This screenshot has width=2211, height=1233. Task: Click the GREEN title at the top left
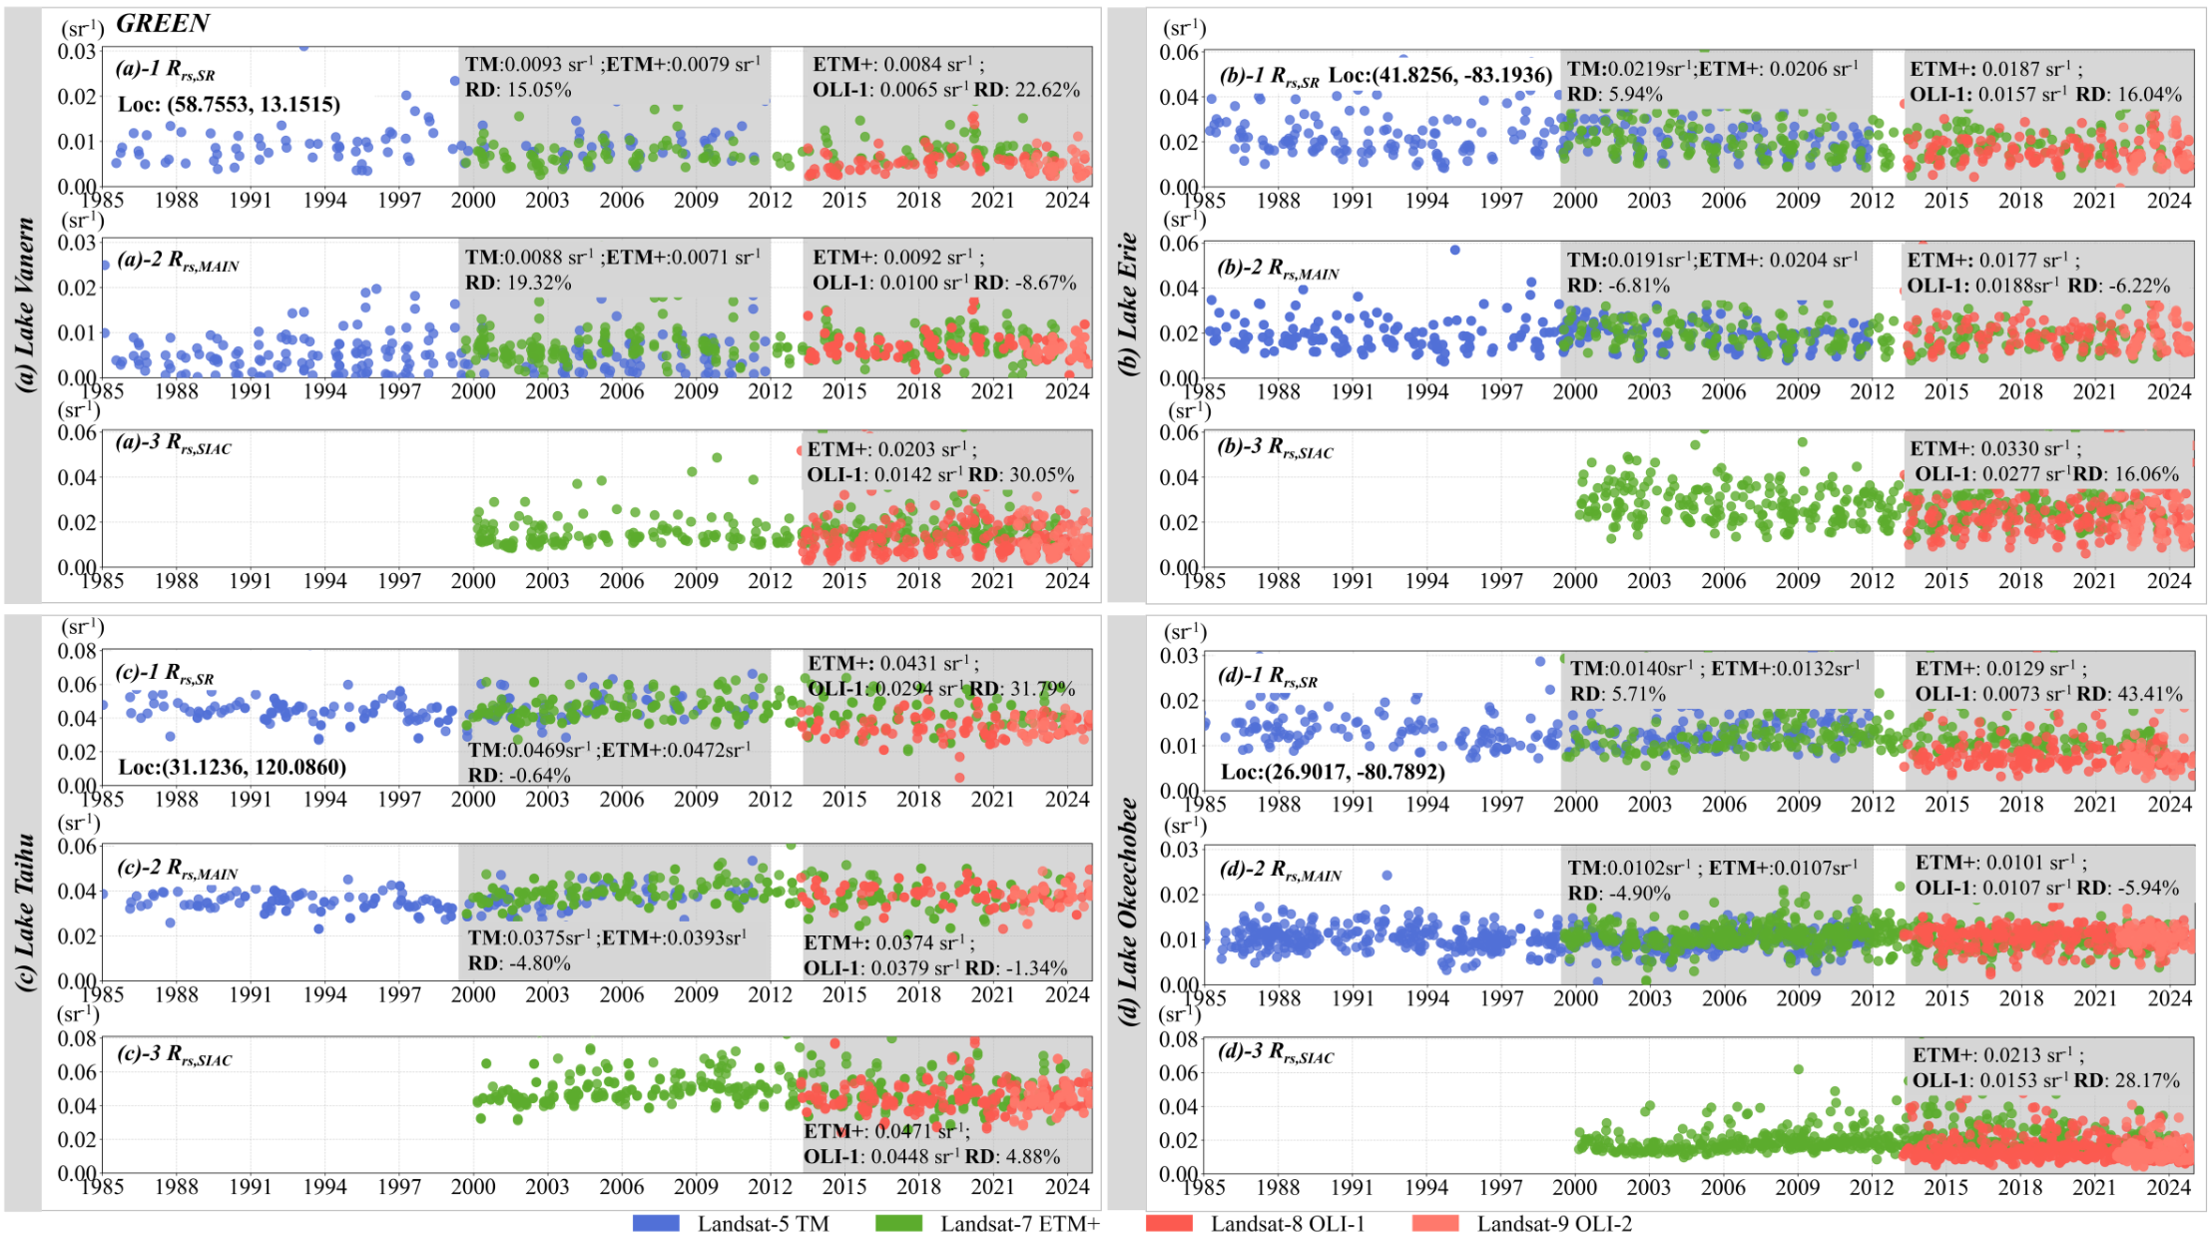(163, 24)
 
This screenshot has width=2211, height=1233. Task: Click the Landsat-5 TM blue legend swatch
(656, 1223)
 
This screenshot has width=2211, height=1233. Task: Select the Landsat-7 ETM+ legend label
(1019, 1223)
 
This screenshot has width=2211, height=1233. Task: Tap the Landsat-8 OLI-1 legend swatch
(1169, 1223)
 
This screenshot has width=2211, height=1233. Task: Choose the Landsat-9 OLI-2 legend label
(1554, 1223)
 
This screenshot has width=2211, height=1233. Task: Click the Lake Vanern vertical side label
(25, 305)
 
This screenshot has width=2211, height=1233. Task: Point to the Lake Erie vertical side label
(1128, 305)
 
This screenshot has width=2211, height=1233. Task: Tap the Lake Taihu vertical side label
(25, 914)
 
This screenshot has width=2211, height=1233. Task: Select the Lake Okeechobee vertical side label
(1128, 914)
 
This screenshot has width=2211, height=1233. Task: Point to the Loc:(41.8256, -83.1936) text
(1440, 76)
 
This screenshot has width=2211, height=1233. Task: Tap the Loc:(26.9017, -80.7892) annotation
(1333, 772)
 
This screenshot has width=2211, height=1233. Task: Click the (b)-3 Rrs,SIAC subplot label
(1275, 448)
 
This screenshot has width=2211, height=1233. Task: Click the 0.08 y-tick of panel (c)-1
(78, 651)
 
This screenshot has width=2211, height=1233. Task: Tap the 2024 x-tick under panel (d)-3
(2168, 1187)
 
